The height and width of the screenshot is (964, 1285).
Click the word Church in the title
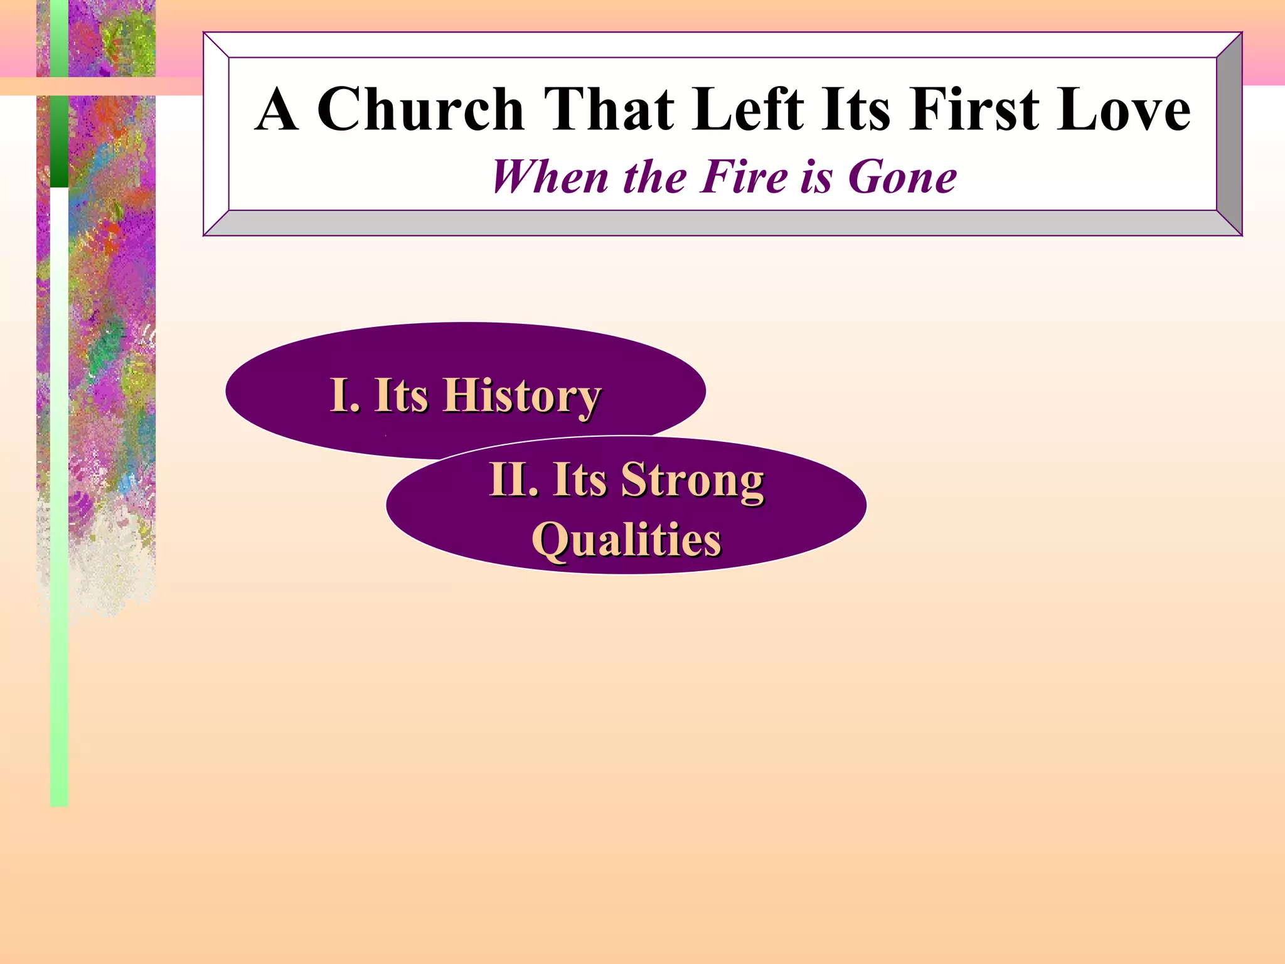click(x=420, y=110)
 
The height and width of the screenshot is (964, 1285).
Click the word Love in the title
click(x=1123, y=110)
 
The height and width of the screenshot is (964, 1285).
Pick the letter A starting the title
click(x=276, y=111)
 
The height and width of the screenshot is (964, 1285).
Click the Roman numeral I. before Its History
click(x=344, y=395)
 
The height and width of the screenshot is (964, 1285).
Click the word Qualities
click(x=627, y=540)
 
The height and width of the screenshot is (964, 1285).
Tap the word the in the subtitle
click(x=656, y=177)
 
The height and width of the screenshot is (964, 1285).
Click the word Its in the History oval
click(x=401, y=395)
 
